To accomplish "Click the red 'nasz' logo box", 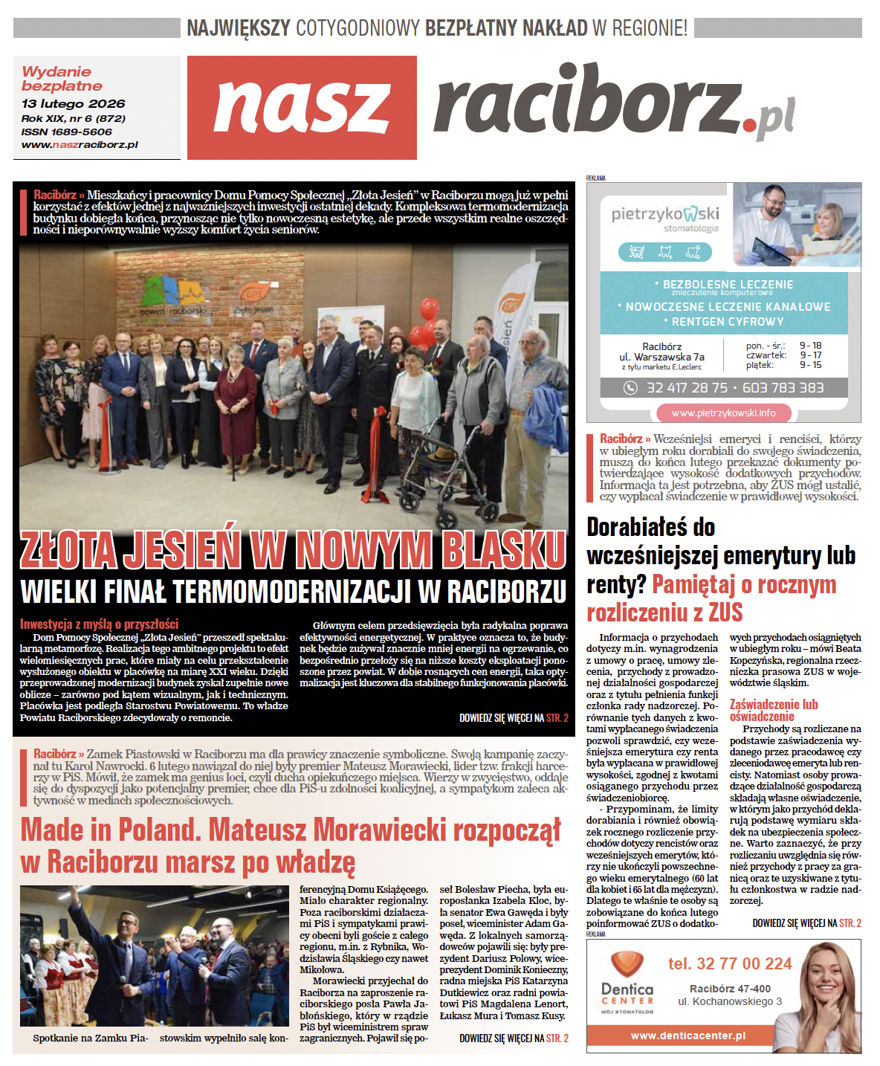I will coord(302,108).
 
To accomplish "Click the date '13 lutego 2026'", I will coord(73,104).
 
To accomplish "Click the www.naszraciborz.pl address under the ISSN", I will coord(80,145).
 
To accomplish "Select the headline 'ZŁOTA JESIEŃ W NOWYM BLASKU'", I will coord(293,551).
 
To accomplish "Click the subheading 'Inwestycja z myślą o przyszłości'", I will coord(99,624).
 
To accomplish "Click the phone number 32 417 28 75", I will coord(687,388).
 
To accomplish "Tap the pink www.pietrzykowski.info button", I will coord(723,413).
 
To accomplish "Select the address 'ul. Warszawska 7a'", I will coord(661,357).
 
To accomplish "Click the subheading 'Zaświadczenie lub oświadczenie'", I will coord(773,710).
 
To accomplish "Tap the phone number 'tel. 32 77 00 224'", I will coord(729,964).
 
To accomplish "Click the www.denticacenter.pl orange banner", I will coord(687,1036).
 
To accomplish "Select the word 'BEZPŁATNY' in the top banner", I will coord(505,28).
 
